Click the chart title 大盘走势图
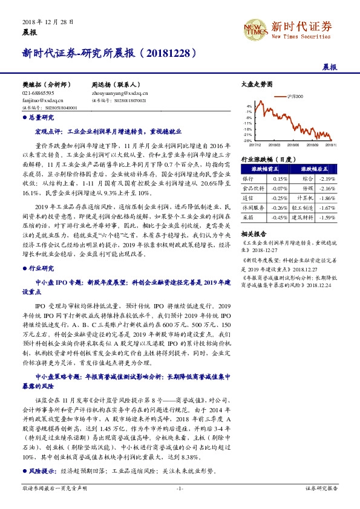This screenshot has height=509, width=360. pyautogui.click(x=253, y=85)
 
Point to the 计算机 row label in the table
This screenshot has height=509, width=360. pyautogui.click(x=307, y=198)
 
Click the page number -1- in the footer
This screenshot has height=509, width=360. pyautogui.click(x=180, y=504)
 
